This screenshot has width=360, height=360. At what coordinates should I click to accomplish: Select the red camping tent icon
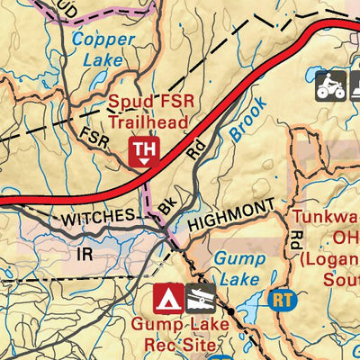(x=164, y=297)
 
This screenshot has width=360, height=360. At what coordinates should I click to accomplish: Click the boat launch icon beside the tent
(x=199, y=297)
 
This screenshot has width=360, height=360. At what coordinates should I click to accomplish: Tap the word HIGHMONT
(x=229, y=208)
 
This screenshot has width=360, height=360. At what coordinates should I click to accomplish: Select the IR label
(x=85, y=255)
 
